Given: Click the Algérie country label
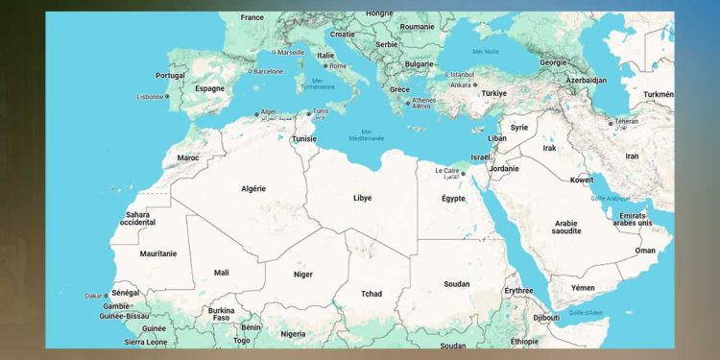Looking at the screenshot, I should click(x=252, y=189).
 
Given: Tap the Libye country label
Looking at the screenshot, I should click(x=362, y=198).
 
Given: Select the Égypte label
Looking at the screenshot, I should click(x=452, y=199).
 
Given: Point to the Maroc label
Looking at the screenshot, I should click(x=188, y=157).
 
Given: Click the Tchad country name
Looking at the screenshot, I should click(x=372, y=293).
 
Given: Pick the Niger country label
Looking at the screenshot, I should click(x=302, y=275).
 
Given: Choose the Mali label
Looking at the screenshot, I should click(x=221, y=273).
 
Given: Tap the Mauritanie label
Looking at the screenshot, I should click(x=158, y=253).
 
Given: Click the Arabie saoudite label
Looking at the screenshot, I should click(x=566, y=228).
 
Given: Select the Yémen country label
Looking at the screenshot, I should click(x=584, y=287).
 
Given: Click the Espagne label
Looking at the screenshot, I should click(x=209, y=88).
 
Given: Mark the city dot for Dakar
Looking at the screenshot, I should click(x=107, y=296).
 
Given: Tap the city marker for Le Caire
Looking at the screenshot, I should click(x=462, y=174).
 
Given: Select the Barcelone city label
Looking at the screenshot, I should click(x=268, y=71).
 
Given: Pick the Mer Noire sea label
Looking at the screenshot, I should click(x=485, y=51).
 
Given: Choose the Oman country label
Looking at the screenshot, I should click(x=645, y=251).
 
